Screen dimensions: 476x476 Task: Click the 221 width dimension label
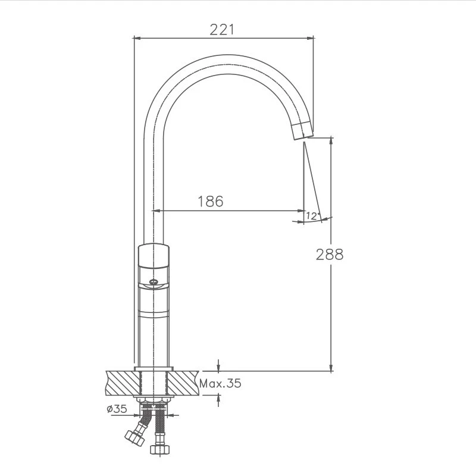click(x=222, y=29)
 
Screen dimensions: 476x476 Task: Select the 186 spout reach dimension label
click(x=211, y=201)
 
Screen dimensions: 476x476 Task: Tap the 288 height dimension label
click(x=330, y=255)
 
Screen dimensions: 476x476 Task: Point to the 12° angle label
click(x=313, y=216)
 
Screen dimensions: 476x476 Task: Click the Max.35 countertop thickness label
click(x=220, y=383)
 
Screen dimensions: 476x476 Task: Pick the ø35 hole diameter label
click(x=117, y=409)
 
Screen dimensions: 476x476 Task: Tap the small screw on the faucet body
click(x=154, y=281)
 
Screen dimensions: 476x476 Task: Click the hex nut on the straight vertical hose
click(x=159, y=449)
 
